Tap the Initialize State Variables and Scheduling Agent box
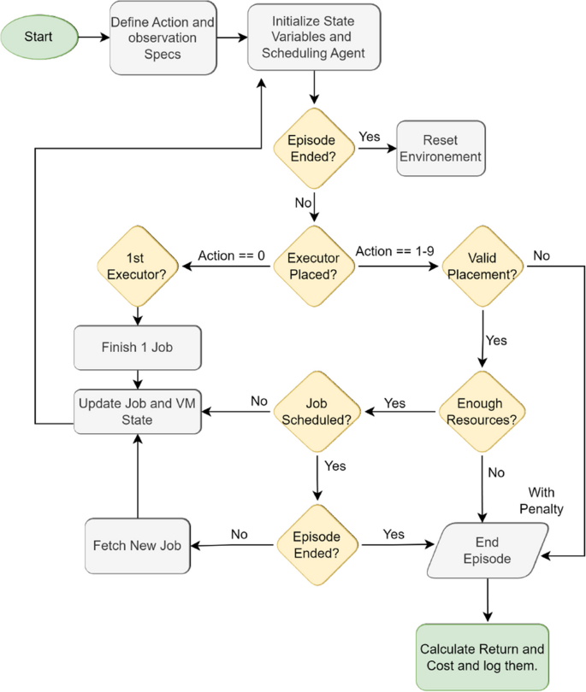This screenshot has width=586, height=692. [x=314, y=38]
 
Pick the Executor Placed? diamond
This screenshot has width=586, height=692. [x=314, y=267]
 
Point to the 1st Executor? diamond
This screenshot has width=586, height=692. [x=139, y=267]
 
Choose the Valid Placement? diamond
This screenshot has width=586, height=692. [x=483, y=267]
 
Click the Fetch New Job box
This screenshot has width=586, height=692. [x=137, y=545]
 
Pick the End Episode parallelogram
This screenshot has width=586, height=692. [x=487, y=545]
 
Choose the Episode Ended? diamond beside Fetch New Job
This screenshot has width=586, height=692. [x=318, y=545]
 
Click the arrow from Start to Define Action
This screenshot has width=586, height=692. [x=94, y=38]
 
